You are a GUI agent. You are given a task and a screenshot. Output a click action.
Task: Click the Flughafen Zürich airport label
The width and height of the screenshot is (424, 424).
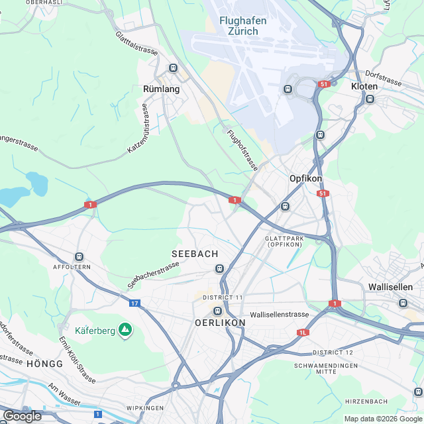pos(243,26)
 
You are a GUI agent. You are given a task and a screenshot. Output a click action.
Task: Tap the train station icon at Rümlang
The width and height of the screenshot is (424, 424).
pos(174,68)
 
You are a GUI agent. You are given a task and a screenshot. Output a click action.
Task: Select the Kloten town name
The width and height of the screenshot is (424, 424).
pos(364,87)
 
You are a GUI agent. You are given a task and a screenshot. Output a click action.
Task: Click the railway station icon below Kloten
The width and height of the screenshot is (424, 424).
pos(370,99)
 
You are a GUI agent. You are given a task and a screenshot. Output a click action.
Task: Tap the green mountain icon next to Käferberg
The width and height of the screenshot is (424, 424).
pos(124,329)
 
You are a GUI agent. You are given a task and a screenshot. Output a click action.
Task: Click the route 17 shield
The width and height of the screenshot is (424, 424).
pos(134,303)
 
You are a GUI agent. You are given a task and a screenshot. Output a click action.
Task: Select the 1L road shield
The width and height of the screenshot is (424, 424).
pos(303,333)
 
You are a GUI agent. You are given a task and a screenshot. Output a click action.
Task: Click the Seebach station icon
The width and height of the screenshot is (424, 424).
pos(219,268)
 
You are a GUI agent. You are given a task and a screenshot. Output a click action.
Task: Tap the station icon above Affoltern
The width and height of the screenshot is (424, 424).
pos(80,256)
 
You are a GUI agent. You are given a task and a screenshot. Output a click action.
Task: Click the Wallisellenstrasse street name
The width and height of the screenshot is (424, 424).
pos(280,314)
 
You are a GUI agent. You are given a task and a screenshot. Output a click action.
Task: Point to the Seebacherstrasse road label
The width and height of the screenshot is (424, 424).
pos(153,274)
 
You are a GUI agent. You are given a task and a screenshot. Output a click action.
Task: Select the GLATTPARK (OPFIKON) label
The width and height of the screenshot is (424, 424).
pos(284,241)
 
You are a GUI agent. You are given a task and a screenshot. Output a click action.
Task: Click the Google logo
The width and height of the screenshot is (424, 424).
pos(22,415)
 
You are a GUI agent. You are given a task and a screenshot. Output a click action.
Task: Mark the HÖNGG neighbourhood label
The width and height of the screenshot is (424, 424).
pos(45,364)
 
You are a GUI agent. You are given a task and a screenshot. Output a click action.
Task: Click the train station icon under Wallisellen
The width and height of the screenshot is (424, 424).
pos(402,303)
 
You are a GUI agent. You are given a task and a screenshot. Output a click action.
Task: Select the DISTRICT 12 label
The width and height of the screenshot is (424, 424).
pos(333,352)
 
